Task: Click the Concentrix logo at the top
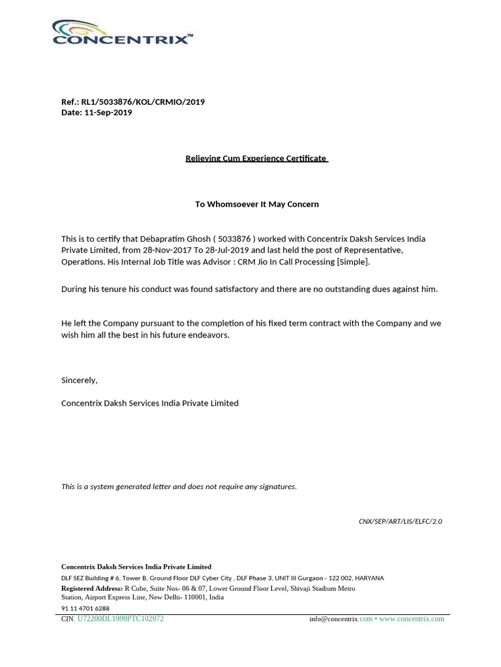click(122, 33)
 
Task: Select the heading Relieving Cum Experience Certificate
click(256, 158)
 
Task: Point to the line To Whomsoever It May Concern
click(257, 204)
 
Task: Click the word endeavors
click(207, 335)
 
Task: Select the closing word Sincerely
click(79, 380)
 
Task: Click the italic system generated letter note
click(179, 487)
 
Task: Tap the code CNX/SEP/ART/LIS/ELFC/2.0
click(401, 522)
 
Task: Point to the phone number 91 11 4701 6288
click(85, 608)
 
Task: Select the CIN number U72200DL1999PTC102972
click(121, 619)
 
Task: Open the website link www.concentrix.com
click(412, 619)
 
